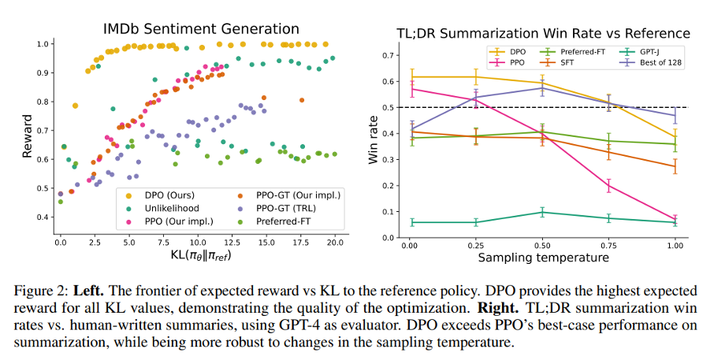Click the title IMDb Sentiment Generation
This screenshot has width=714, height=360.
[x=202, y=29]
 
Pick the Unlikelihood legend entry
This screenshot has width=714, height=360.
[x=165, y=206]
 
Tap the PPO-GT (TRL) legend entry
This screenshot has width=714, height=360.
[x=277, y=206]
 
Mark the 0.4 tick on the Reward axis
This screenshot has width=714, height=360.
[x=46, y=217]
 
